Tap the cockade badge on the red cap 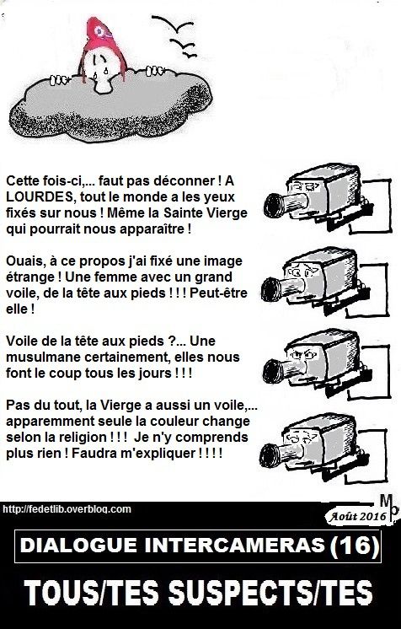[99, 31]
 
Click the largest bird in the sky [173, 24]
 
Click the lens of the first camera [274, 206]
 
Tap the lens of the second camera [271, 289]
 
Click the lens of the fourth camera [270, 455]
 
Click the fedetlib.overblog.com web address [67, 509]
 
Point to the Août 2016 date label [357, 516]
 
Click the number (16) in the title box [354, 546]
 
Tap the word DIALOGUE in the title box [78, 546]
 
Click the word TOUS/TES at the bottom [92, 592]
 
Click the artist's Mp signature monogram [389, 508]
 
